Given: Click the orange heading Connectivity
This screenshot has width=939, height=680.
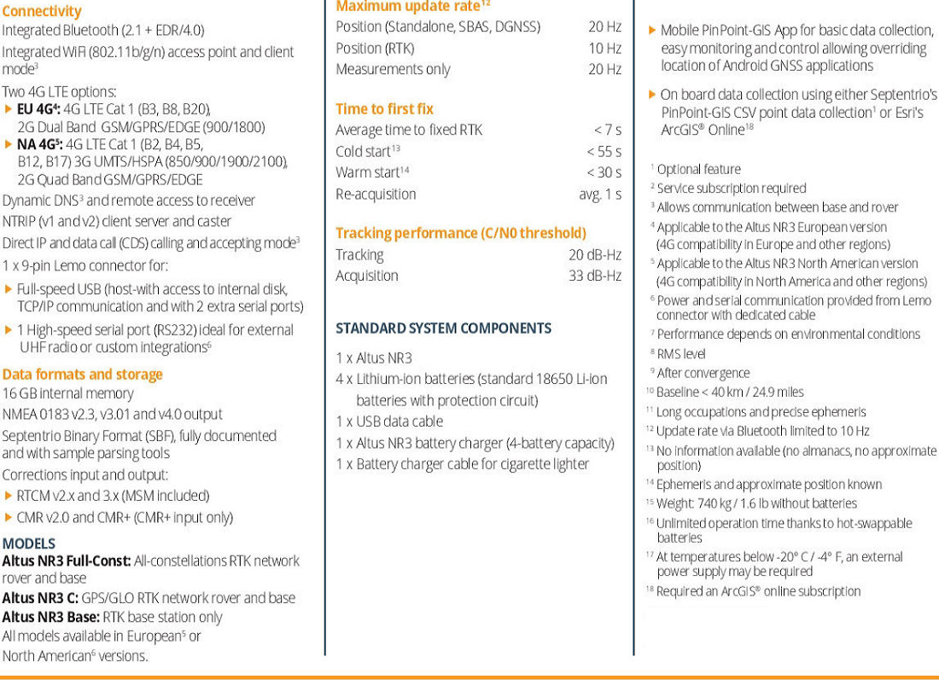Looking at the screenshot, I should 42,11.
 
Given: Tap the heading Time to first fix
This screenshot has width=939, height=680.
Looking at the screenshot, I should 384,108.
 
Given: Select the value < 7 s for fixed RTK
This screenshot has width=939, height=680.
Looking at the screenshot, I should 607,130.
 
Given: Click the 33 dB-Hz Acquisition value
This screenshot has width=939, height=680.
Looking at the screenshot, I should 595,276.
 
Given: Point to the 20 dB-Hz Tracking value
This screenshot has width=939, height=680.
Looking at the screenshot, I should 595,254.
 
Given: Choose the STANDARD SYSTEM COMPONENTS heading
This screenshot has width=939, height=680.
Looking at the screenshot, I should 443,328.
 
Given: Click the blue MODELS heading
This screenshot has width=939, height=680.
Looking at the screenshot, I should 29,543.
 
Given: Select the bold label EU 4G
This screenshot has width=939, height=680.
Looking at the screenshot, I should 38,109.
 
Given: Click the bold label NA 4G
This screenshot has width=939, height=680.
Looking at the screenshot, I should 38,144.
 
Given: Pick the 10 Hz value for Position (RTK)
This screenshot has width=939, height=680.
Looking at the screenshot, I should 604,48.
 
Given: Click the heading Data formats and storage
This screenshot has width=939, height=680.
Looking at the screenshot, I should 82,374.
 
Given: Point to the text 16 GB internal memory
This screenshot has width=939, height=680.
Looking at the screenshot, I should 68,393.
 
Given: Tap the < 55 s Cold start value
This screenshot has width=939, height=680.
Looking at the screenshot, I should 604,151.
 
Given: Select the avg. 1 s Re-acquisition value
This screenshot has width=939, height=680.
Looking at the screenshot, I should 600,194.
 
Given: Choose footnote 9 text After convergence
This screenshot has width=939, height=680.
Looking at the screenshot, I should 703,373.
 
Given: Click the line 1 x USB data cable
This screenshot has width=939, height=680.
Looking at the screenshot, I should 389,421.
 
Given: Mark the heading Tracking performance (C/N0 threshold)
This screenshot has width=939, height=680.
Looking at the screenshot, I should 461,233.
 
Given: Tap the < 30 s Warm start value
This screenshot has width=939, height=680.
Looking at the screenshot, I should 604,172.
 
